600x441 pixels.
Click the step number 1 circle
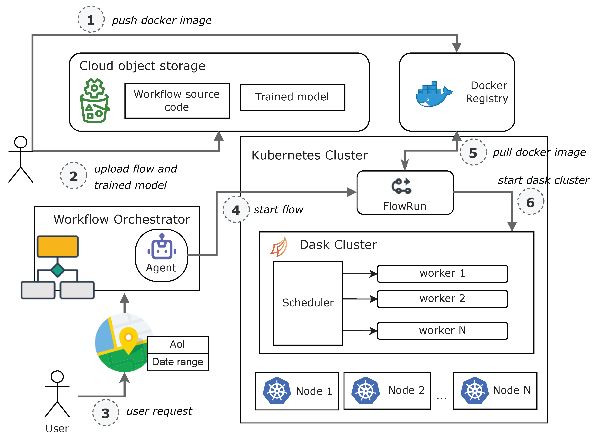click(91, 19)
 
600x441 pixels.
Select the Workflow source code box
click(177, 101)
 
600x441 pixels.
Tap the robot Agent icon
click(162, 247)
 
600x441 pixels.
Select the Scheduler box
click(308, 303)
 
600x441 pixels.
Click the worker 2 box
click(442, 299)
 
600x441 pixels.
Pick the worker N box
click(442, 331)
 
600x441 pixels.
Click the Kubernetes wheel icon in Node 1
click(277, 391)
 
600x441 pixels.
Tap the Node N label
click(511, 390)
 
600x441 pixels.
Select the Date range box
click(178, 362)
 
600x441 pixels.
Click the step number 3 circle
click(106, 413)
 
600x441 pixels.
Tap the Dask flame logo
click(279, 247)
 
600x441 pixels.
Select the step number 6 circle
click(530, 202)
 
